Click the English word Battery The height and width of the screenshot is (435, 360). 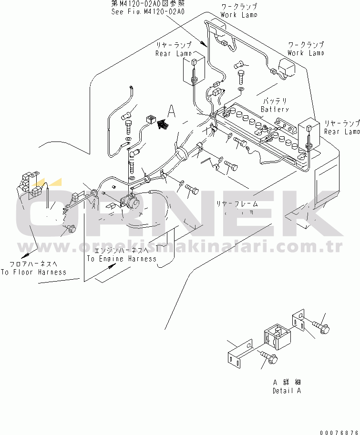point(275,110)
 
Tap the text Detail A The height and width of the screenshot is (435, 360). point(287,391)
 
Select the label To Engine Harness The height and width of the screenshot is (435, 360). point(121,259)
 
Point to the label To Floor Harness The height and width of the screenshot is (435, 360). point(33,272)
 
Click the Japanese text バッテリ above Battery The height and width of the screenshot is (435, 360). point(276,101)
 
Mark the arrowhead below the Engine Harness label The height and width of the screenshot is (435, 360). point(112,268)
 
